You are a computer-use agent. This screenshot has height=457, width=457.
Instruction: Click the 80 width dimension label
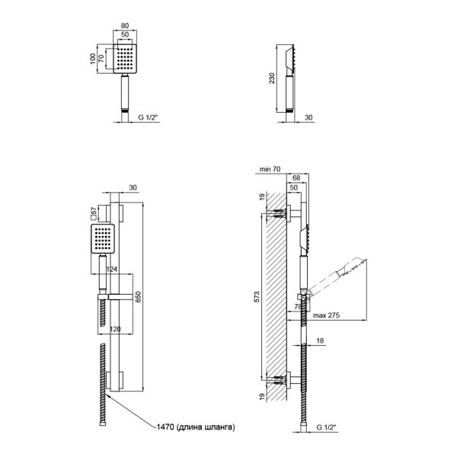tap(125, 26)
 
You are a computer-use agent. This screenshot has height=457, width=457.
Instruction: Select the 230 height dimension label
tap(272, 78)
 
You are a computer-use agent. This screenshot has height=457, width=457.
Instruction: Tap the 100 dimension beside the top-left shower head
tap(93, 59)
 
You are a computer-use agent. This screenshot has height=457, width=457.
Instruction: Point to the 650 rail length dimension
tap(138, 297)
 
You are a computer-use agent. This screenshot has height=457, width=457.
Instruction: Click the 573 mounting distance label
tap(257, 296)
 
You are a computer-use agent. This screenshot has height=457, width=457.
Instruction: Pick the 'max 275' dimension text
tap(326, 315)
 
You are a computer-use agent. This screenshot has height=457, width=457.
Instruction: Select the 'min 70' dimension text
tap(270, 169)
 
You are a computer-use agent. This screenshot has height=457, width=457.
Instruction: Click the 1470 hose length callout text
tap(196, 427)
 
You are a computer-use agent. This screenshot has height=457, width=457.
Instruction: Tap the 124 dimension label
tap(112, 270)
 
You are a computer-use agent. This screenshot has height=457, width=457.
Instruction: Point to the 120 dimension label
tap(115, 329)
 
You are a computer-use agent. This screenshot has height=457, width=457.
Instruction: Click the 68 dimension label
tap(296, 177)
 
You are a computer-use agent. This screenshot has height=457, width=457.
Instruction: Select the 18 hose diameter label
tap(320, 340)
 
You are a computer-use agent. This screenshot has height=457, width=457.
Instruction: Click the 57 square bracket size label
tap(94, 213)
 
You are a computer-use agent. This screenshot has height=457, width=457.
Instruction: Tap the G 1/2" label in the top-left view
tap(148, 117)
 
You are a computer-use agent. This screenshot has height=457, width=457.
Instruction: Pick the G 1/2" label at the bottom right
tap(327, 427)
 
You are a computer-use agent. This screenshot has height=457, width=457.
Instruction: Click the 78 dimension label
tap(298, 307)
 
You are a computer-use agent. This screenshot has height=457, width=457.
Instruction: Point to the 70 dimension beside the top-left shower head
tap(101, 59)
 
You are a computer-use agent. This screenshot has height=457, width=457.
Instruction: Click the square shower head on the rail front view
tap(103, 239)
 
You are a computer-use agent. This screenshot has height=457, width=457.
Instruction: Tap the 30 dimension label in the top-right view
tap(308, 117)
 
